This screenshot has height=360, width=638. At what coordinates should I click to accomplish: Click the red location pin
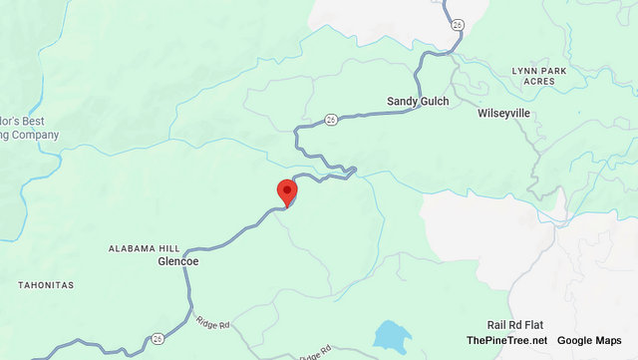click(x=287, y=190)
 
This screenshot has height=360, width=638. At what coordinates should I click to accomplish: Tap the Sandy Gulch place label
click(x=418, y=102)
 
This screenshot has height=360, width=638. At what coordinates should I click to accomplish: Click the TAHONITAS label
click(x=46, y=285)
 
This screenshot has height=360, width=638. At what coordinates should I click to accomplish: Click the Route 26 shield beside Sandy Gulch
click(x=331, y=121)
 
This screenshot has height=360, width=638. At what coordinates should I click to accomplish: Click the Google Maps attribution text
click(x=593, y=341)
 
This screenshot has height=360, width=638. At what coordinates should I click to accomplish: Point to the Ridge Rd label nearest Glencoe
click(x=212, y=324)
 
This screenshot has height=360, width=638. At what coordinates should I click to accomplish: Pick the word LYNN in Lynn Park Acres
click(x=525, y=71)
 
